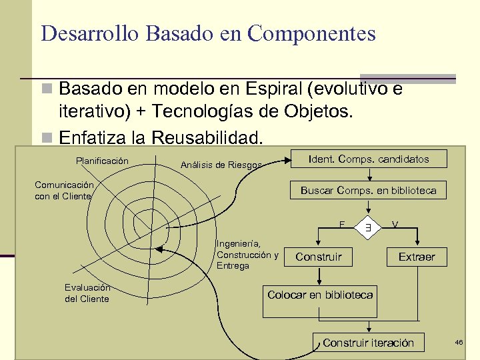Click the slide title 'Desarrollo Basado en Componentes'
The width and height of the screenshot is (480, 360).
tap(208, 33)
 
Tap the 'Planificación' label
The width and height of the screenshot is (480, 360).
tap(102, 161)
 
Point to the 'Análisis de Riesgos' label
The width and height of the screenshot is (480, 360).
tap(221, 165)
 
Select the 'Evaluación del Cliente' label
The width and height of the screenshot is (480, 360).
tap(87, 293)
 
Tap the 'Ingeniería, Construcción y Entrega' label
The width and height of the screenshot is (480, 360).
tap(247, 255)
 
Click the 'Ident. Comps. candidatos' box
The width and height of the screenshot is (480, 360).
tap(369, 159)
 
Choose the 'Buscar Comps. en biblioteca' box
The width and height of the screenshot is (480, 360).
tap(369, 190)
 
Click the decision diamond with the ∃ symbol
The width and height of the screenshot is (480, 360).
tap(367, 227)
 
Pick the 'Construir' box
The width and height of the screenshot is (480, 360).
tap(319, 257)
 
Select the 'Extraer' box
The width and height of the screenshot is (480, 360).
tap(416, 257)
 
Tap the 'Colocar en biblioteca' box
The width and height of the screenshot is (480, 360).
tap(320, 295)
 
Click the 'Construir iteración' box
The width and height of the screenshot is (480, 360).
tap(368, 343)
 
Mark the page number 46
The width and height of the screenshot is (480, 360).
tap(459, 342)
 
